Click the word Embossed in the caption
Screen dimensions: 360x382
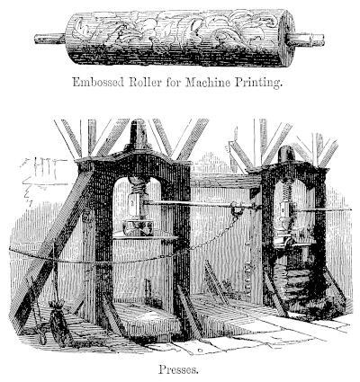pyautogui.click(x=98, y=82)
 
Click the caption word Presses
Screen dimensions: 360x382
pyautogui.click(x=178, y=369)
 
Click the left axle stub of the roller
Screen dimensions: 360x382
pyautogui.click(x=49, y=39)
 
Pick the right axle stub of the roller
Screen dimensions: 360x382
pyautogui.click(x=305, y=40)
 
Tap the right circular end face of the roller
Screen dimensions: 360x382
pyautogui.click(x=288, y=39)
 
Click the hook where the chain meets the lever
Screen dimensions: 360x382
pyautogui.click(x=237, y=209)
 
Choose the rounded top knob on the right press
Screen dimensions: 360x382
pyautogui.click(x=286, y=154)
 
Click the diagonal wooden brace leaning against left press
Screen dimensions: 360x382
pyautogui.click(x=51, y=245)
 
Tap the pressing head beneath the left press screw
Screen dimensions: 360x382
pyautogui.click(x=138, y=227)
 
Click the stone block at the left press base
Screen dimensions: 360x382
pyautogui.click(x=147, y=321)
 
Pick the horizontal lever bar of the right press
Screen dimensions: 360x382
pyautogui.click(x=321, y=209)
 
